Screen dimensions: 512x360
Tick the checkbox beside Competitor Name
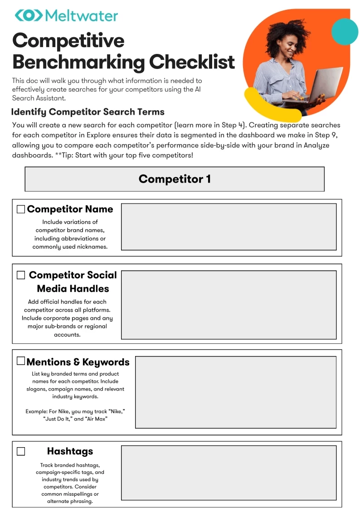21,209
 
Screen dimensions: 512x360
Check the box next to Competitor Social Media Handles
21,275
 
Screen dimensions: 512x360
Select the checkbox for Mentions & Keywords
21,361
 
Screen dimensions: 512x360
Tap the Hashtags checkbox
21,451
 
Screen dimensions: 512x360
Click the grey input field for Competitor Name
229,227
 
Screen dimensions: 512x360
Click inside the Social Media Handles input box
229,305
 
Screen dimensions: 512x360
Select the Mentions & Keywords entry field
236,392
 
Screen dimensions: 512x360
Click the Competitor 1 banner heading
175,179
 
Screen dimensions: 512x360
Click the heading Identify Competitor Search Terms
88,112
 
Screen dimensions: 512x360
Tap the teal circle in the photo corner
345,31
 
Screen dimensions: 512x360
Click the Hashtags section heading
70,451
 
